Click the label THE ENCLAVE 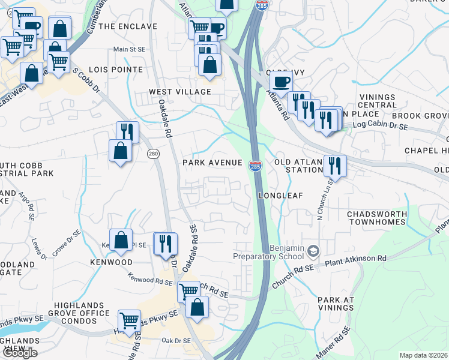pos(127,26)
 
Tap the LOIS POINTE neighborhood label pos(117,70)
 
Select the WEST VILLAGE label pos(180,92)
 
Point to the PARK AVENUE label pos(212,163)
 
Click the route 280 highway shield pos(154,154)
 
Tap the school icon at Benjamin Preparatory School pos(312,250)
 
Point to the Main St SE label pos(130,50)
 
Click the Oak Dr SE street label pos(175,341)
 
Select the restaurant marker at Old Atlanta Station pos(334,164)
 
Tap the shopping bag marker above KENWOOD pos(121,239)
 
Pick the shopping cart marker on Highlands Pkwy pos(129,320)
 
